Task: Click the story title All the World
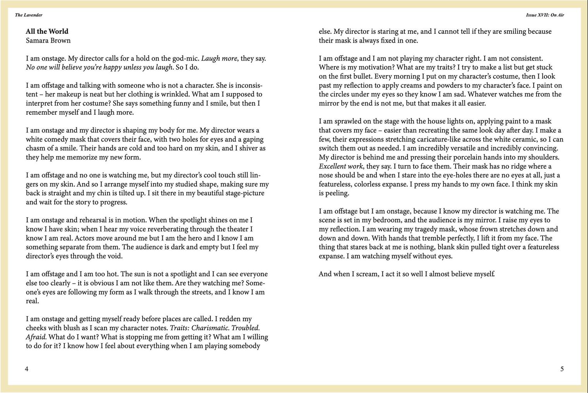47,31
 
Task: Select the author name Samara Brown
48,40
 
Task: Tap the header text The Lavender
29,15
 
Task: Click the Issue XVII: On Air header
545,15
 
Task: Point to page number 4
27,369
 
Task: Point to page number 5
562,369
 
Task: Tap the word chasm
36,148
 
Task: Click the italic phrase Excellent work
341,166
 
